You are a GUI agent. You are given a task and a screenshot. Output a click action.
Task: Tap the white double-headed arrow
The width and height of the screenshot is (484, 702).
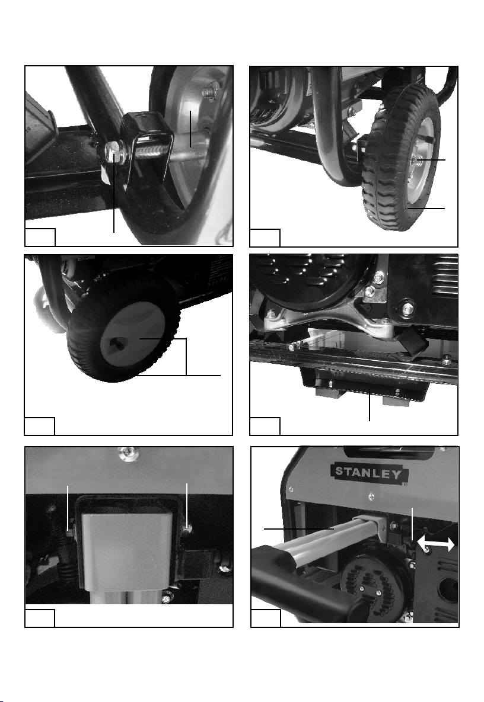pos(435,544)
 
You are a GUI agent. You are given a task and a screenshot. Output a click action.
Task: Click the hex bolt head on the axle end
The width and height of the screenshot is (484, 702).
pos(113,152)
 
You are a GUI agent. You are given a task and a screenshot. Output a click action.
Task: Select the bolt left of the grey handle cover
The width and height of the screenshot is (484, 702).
pos(71,533)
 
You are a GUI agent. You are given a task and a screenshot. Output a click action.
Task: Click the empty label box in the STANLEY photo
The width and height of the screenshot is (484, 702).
pos(265,618)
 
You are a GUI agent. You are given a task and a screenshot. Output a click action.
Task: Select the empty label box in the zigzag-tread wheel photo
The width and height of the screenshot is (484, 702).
pos(265,238)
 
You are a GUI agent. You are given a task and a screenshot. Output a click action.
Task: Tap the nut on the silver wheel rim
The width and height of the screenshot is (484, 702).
pos(210,92)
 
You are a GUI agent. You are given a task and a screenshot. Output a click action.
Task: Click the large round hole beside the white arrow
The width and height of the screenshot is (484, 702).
pos(450,586)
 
